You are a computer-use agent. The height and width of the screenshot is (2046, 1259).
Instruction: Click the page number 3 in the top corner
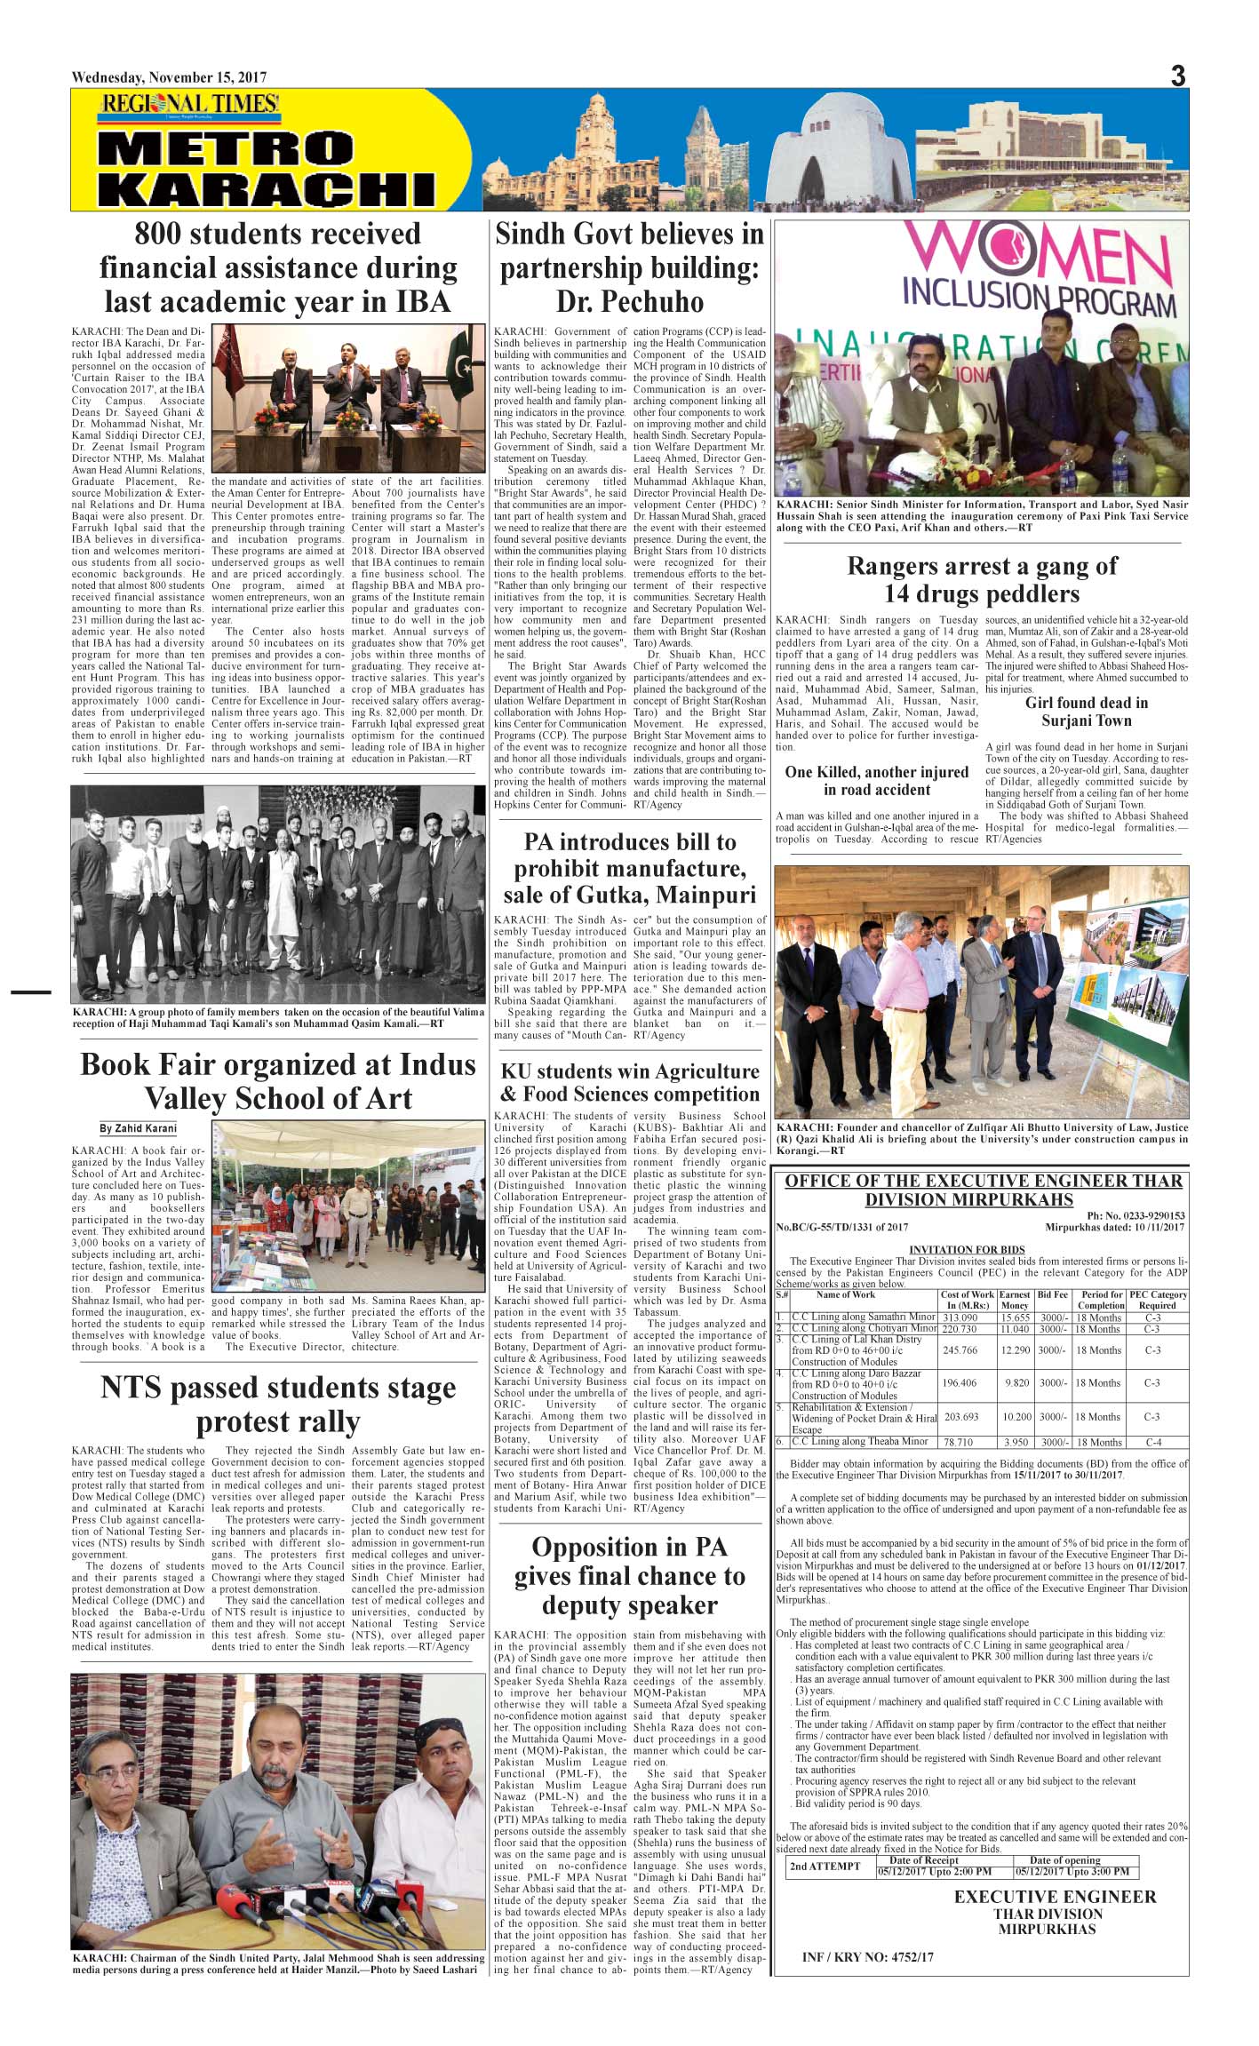tap(1177, 76)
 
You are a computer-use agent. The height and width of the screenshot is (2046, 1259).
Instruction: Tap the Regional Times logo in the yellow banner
tap(190, 105)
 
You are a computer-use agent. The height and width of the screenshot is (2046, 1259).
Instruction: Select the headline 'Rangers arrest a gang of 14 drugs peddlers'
tap(981, 579)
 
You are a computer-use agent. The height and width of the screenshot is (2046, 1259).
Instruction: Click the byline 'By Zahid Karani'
tap(138, 1129)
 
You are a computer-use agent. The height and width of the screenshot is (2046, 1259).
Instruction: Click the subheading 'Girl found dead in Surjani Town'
tap(1086, 711)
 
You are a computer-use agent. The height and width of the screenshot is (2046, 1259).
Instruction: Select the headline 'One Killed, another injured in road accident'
tap(876, 781)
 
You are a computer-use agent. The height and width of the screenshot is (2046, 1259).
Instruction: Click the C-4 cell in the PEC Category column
tap(1152, 1442)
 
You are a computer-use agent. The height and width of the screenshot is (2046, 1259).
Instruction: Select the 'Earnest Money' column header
tap(1015, 1300)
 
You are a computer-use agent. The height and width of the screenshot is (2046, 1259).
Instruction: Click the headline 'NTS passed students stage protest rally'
tap(278, 1404)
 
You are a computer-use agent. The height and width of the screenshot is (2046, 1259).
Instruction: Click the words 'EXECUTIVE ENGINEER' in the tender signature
tap(1055, 1897)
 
